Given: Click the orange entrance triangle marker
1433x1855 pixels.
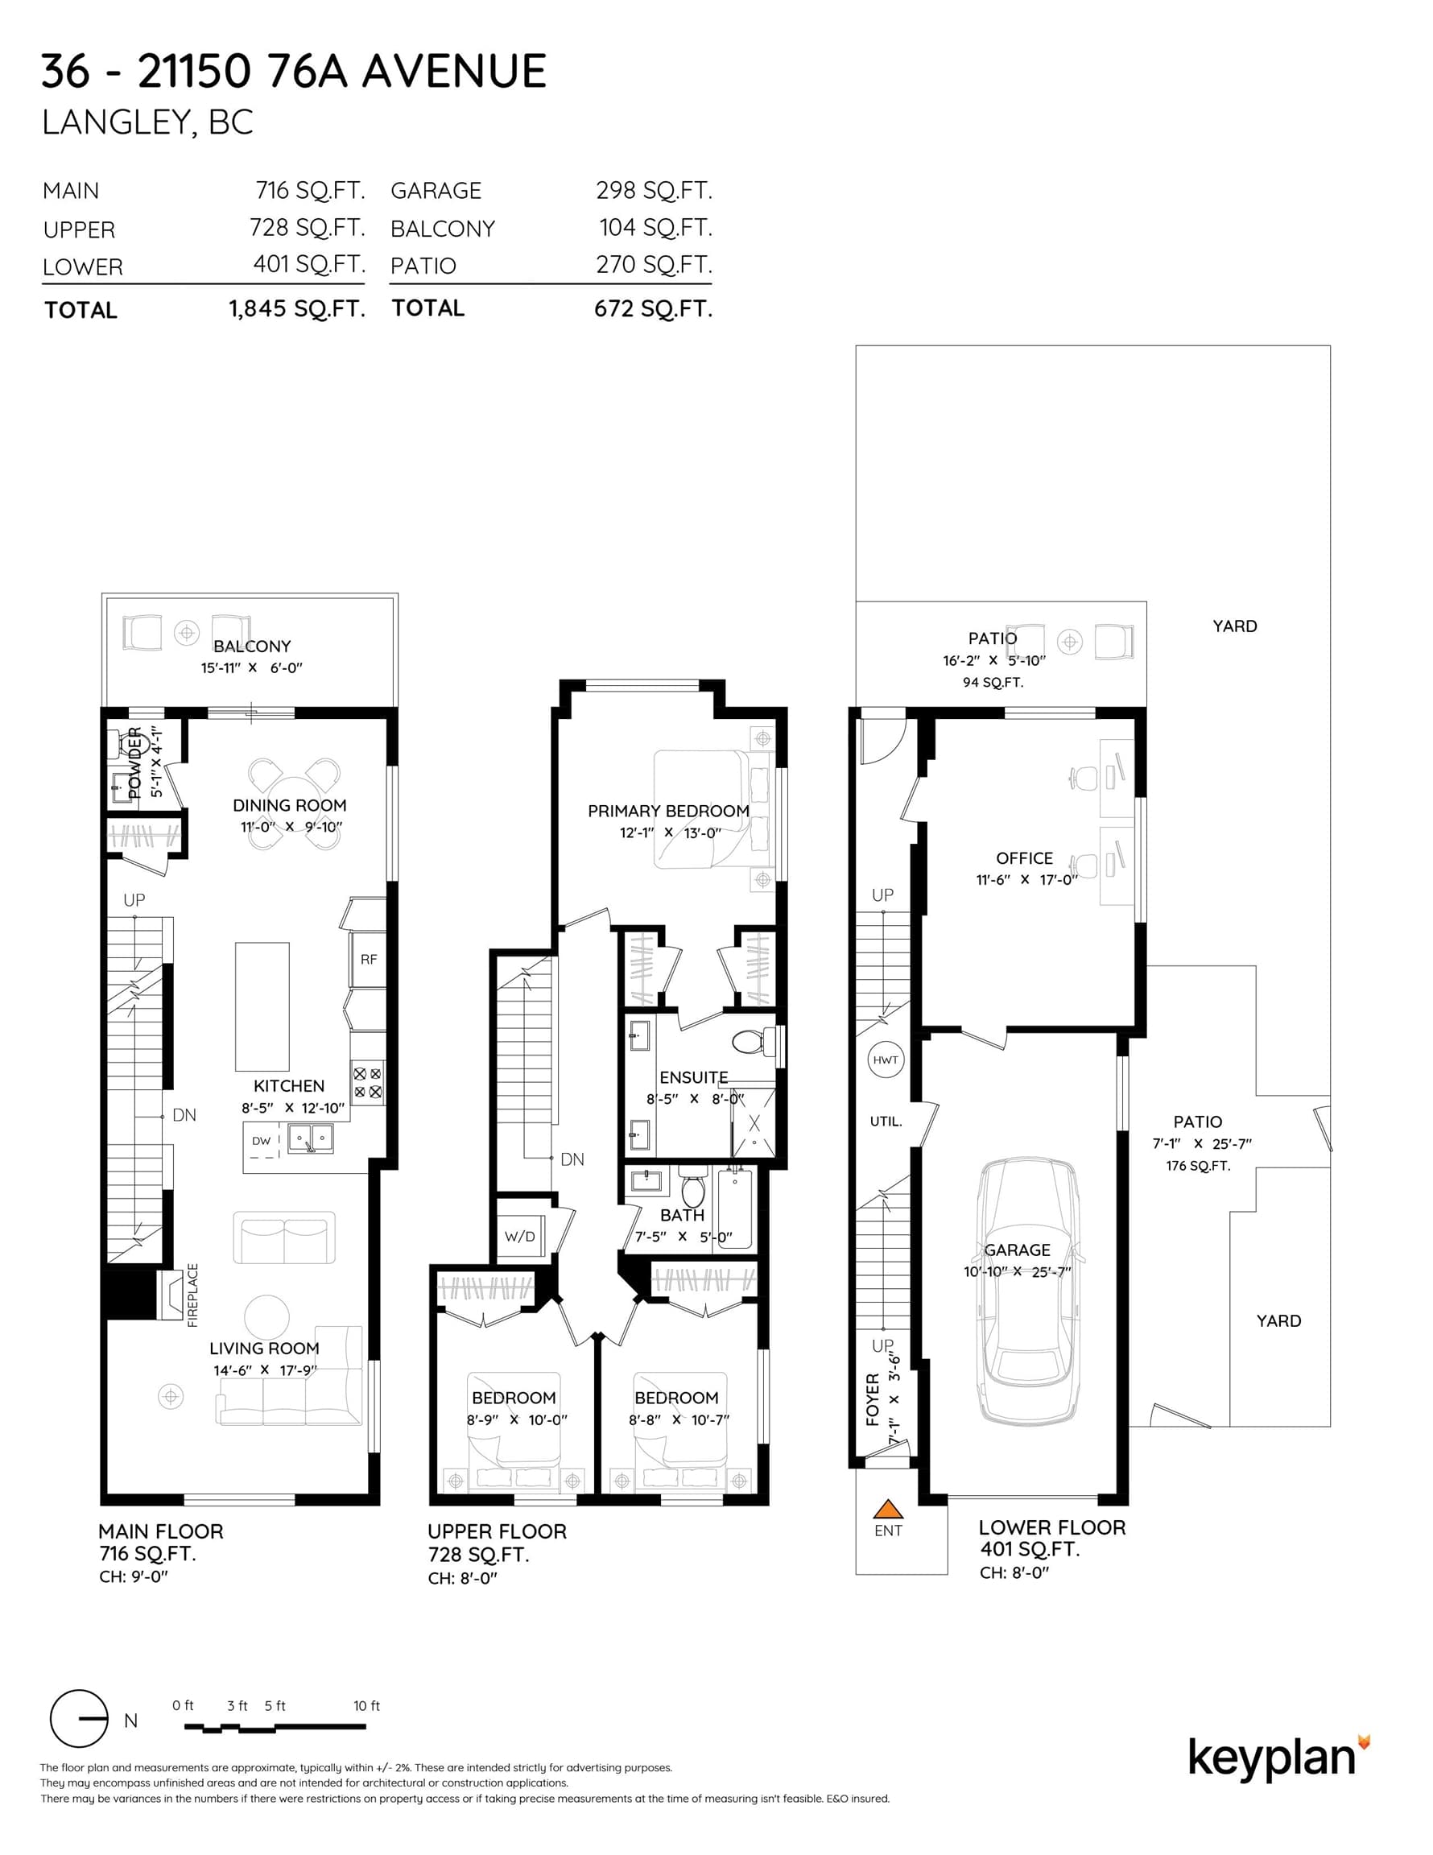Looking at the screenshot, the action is (888, 1509).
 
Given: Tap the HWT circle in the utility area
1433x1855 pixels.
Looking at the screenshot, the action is (885, 1060).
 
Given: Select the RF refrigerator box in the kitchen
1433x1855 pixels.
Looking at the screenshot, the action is (369, 960).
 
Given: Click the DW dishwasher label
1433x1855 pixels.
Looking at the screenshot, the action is (261, 1141).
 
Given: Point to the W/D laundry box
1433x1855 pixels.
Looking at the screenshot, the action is (520, 1237).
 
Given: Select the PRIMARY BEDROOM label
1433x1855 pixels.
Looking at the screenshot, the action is (668, 811).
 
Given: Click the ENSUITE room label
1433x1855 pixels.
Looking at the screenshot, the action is (693, 1077).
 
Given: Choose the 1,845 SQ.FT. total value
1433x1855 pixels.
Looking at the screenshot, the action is (296, 309).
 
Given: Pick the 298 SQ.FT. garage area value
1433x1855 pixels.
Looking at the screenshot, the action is (654, 190).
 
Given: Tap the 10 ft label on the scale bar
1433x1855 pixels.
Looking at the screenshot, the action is (367, 1705).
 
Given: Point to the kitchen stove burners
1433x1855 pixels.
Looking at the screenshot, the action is (368, 1083).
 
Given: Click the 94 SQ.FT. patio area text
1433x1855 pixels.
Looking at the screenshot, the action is (993, 682).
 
